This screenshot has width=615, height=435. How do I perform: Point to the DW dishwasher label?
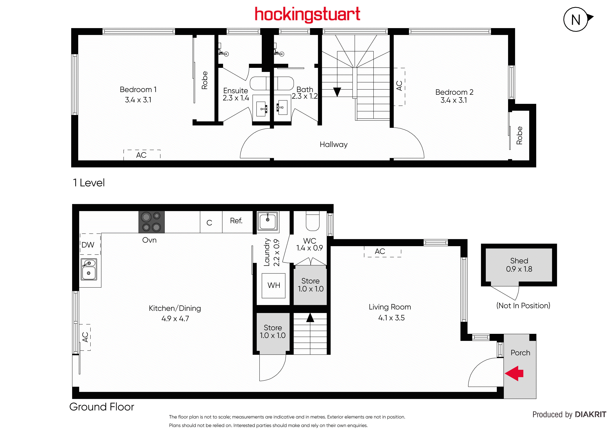[x=88, y=245]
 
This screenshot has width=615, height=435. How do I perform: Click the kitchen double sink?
[x=89, y=269]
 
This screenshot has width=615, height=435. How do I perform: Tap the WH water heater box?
[x=274, y=286]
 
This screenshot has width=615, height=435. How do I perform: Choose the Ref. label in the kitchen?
[x=236, y=221]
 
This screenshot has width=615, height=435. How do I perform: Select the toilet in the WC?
[x=313, y=221]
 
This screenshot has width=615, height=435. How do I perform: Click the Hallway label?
[x=334, y=145]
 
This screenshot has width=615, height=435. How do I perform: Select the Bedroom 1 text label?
[x=138, y=89]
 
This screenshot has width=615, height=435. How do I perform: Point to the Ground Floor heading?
[x=102, y=407]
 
